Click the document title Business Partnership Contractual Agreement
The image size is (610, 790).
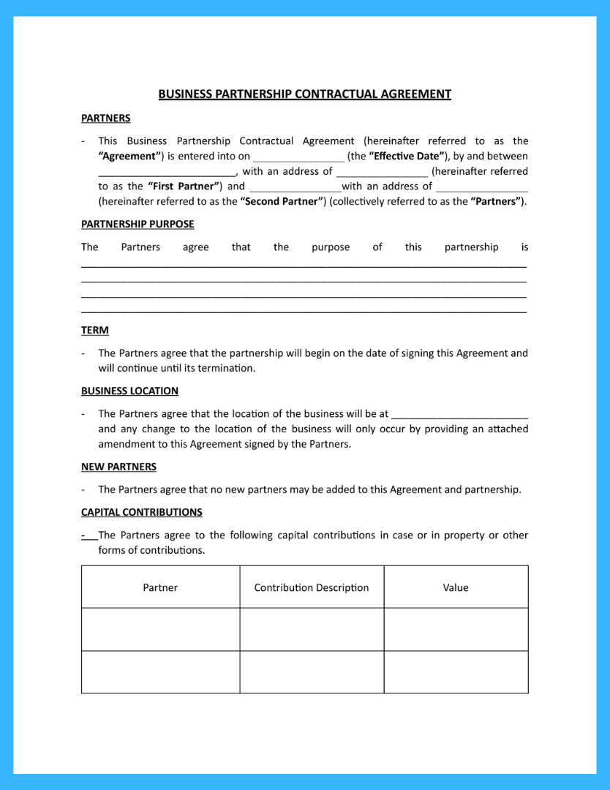pos(304,94)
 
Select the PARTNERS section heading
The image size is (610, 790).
pos(105,118)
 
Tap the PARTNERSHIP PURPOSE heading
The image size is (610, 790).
pos(138,224)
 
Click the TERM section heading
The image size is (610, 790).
pos(94,330)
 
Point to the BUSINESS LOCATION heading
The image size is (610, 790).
pos(129,391)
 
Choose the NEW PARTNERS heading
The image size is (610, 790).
pos(118,467)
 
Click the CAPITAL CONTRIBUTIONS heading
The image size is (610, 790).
pos(141,512)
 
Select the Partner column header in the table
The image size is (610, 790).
pos(160,587)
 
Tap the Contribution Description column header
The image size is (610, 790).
pos(312,587)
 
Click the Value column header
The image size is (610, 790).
pos(456,587)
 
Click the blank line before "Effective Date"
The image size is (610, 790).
pos(298,157)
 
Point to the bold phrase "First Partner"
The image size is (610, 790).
pos(184,187)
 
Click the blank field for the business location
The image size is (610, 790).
pos(459,414)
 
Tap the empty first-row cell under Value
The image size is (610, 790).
pos(456,629)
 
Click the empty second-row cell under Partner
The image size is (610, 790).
pos(160,671)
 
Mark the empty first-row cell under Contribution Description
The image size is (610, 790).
pos(312,629)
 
